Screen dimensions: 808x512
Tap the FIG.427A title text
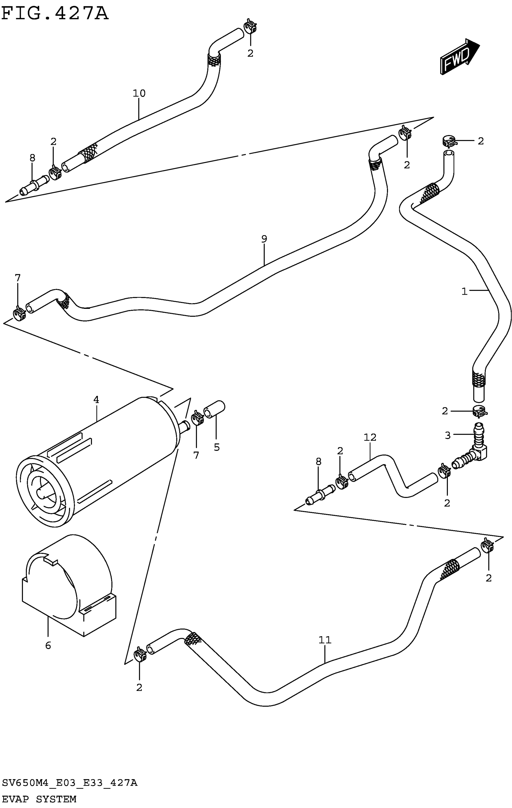click(x=55, y=14)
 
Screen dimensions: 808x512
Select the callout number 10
click(x=139, y=93)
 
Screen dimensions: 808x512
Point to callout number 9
click(x=264, y=239)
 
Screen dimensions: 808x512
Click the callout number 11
click(x=325, y=640)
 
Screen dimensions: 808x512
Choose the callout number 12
click(x=370, y=437)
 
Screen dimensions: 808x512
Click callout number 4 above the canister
click(x=96, y=400)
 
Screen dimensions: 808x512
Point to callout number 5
click(x=217, y=447)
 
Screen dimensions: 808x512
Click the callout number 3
click(x=448, y=436)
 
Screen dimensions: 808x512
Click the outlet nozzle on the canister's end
click(x=184, y=426)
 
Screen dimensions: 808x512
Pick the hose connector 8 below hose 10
click(x=34, y=185)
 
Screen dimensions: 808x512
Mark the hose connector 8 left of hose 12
click(x=320, y=495)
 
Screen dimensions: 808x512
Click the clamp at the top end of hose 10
click(x=250, y=26)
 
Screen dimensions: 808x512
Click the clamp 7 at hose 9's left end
click(x=20, y=314)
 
